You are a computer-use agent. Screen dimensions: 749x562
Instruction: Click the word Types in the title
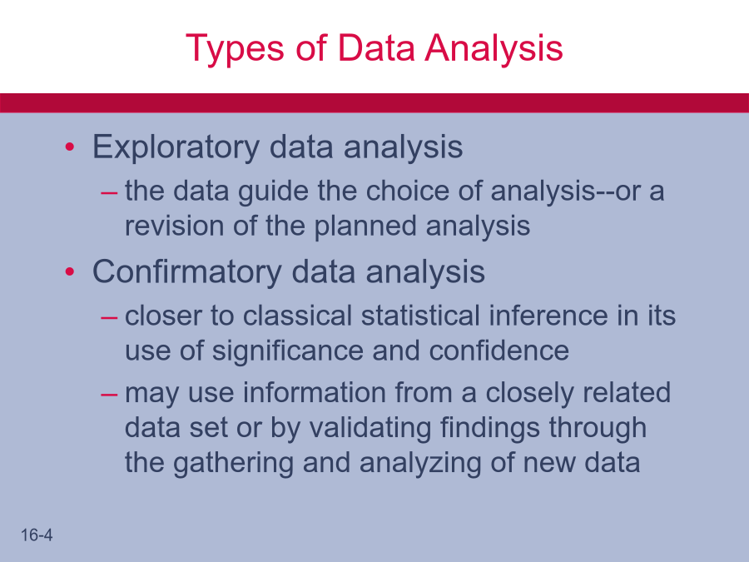coord(235,49)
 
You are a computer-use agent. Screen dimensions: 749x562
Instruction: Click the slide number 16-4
coord(37,535)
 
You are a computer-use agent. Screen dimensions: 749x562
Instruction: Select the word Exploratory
coord(176,147)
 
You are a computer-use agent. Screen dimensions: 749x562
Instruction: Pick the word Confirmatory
coord(186,271)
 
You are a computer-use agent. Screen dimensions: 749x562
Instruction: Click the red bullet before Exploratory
coord(70,147)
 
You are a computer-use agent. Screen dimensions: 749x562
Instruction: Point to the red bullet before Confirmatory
coord(70,272)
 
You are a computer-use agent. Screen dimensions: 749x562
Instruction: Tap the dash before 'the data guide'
coord(109,193)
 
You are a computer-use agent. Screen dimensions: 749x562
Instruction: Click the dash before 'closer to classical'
coord(109,318)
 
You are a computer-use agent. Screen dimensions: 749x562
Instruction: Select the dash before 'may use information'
coord(109,395)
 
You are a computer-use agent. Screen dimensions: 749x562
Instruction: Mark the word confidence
coord(499,351)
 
